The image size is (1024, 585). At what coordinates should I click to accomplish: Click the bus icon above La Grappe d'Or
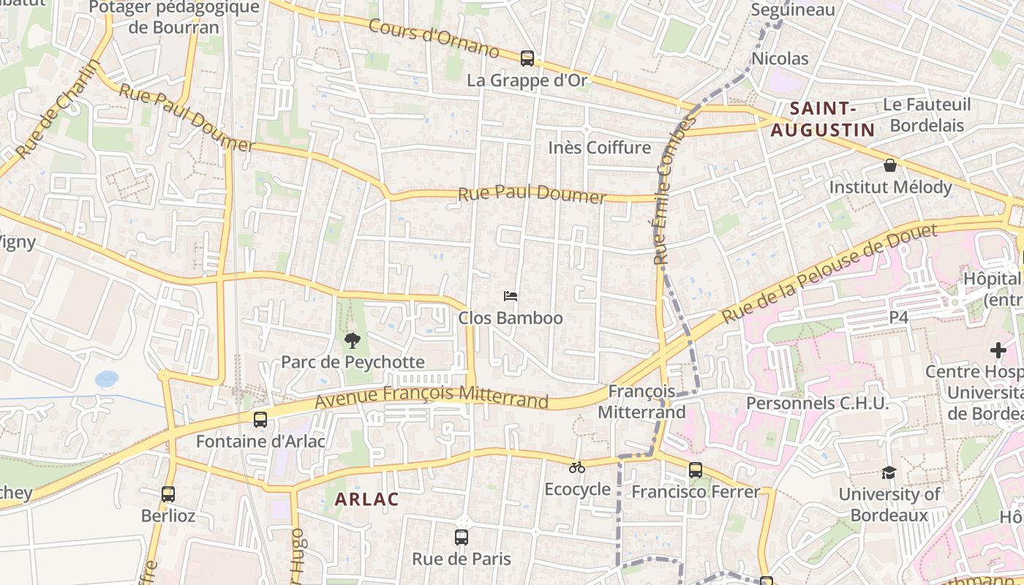pos(527,58)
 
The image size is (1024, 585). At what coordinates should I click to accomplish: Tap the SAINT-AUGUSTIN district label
pos(822,120)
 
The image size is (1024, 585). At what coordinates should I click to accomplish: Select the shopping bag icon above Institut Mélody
pos(890,165)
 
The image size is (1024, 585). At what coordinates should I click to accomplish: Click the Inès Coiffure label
pos(599,148)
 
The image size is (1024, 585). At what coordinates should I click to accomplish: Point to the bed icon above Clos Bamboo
pos(511,296)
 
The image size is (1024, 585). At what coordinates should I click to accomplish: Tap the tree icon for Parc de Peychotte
pos(353,340)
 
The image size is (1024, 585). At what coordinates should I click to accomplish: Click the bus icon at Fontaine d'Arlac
pos(260,420)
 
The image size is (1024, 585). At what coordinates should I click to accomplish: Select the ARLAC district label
pos(366,499)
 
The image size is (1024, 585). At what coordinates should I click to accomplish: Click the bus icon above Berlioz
pos(168,494)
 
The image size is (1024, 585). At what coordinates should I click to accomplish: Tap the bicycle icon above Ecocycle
pos(577,467)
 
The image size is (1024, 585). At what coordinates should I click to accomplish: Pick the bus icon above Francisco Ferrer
pos(695,470)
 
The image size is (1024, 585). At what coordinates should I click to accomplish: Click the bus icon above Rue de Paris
pos(461,537)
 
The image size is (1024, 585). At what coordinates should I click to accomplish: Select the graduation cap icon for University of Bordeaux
pos(889,472)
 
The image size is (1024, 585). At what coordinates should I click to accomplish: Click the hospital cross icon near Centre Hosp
pos(998,350)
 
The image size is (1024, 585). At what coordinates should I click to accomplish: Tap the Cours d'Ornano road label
pos(434,39)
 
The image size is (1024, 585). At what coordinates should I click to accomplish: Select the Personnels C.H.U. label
pos(817,404)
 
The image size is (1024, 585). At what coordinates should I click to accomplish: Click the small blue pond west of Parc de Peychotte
pos(106,378)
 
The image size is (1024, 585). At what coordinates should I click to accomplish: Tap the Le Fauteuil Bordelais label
pos(927,115)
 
